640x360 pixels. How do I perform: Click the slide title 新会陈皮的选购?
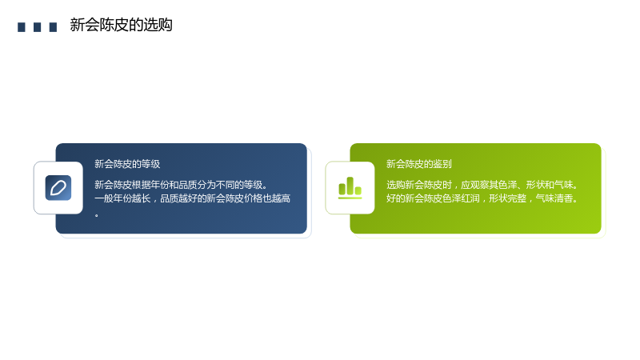point(121,25)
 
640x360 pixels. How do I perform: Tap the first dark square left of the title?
point(22,27)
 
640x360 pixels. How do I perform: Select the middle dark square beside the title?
point(37,27)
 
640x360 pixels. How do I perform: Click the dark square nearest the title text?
point(53,27)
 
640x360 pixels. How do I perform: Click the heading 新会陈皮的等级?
point(127,164)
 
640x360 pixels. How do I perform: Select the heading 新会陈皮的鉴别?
point(419,164)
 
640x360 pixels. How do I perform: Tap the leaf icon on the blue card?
point(58,188)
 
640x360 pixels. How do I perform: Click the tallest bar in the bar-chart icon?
point(350,186)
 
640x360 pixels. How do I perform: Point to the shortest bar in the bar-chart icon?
point(358,190)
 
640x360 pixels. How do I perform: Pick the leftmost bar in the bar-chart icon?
point(342,189)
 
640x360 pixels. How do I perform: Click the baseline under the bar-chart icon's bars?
point(350,198)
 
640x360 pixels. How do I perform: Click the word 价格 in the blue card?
point(253,198)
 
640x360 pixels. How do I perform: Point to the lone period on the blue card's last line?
point(96,215)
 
